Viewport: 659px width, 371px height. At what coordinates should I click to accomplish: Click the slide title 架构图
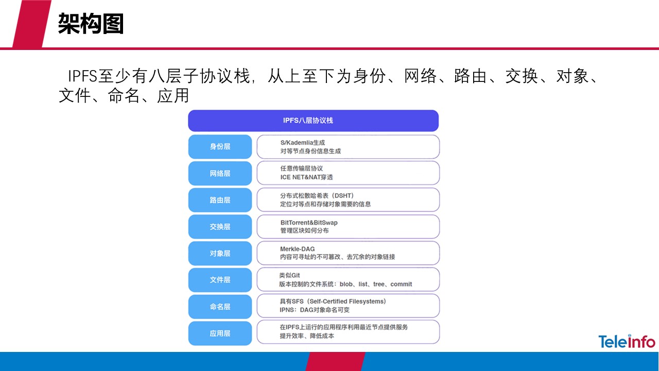[91, 23]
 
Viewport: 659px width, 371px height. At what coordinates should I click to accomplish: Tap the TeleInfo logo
[627, 342]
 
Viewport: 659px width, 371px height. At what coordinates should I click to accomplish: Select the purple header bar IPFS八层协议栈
[313, 121]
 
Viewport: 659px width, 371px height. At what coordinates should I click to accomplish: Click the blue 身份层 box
[220, 147]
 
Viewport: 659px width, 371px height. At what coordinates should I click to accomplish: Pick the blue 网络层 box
[220, 174]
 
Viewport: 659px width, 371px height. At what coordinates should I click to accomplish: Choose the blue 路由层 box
[220, 200]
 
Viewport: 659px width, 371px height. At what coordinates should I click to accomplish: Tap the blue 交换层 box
[220, 227]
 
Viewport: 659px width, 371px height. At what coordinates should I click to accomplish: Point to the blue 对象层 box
[220, 254]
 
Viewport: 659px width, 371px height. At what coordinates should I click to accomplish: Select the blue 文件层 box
[220, 280]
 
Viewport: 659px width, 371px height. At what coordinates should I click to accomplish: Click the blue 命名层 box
[220, 307]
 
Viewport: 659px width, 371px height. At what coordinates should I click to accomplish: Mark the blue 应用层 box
[220, 333]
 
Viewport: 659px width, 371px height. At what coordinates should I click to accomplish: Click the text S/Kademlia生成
[302, 142]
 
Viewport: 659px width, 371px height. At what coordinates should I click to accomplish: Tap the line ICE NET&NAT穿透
[306, 177]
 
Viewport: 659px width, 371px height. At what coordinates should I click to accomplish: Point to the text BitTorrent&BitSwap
[309, 223]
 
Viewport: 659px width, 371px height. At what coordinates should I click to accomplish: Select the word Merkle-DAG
[297, 249]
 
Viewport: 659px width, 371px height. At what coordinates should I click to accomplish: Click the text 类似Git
[289, 276]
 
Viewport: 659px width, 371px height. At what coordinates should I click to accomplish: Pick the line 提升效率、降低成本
[307, 336]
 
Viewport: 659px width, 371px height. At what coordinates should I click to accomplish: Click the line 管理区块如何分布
[304, 231]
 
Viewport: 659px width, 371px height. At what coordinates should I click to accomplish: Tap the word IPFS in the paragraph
[83, 76]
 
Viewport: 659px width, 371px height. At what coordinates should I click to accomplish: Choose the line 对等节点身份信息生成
[310, 151]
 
